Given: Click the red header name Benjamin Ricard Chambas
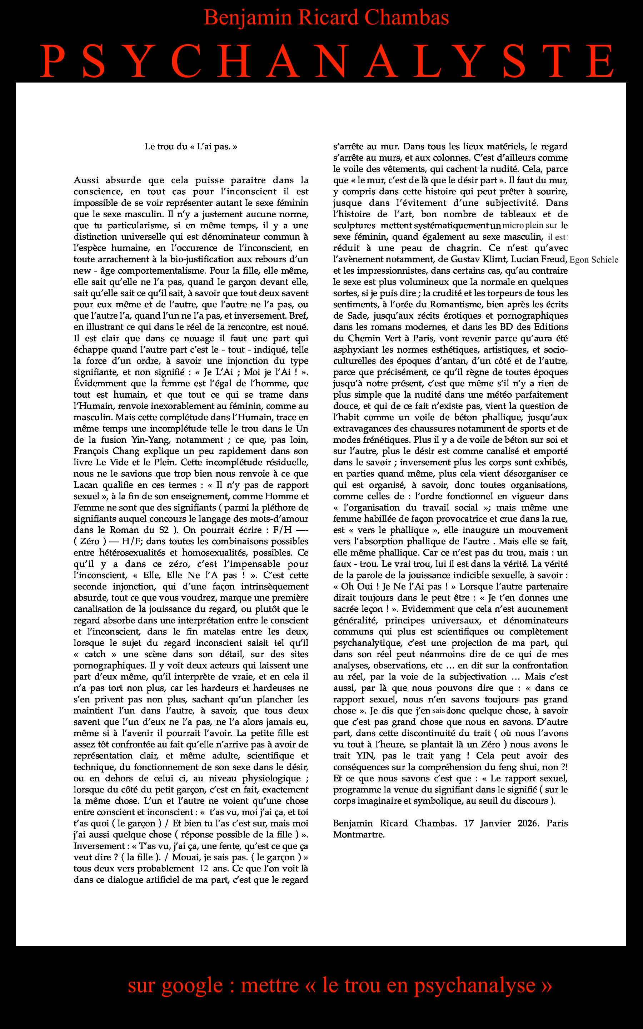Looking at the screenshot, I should (x=326, y=18).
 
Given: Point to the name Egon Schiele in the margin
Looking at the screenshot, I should (x=594, y=260).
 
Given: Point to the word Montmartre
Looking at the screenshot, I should (x=359, y=834).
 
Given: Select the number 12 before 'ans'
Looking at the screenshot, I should (x=204, y=868).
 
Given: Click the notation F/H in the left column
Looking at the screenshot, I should (x=283, y=530).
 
